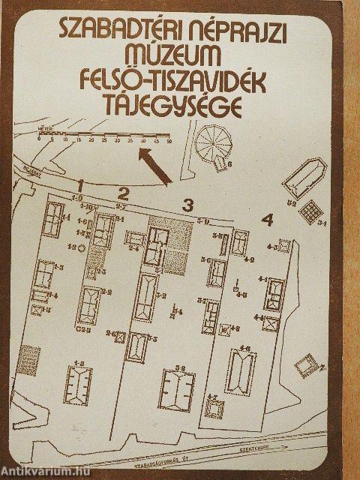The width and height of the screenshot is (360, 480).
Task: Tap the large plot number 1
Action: [x=81, y=184]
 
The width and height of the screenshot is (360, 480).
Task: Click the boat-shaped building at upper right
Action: [x=304, y=178]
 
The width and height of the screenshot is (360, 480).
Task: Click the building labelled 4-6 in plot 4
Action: [x=240, y=370]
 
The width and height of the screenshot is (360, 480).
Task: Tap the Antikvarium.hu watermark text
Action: [x=37, y=472]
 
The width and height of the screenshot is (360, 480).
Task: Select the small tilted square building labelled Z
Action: [x=306, y=367]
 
